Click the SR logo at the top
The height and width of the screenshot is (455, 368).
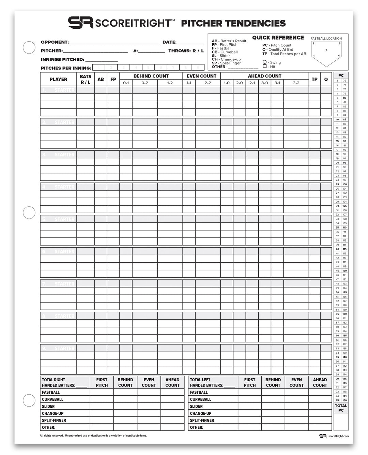(80, 23)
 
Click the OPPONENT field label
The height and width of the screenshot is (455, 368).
(55, 42)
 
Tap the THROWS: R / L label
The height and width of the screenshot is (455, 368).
(186, 51)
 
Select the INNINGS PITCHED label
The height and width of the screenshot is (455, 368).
(62, 59)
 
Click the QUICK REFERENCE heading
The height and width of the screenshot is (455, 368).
(278, 38)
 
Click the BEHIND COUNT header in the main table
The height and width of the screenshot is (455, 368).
(151, 76)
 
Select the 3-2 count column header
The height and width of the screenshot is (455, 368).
(296, 83)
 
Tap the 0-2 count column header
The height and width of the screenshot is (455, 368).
(145, 83)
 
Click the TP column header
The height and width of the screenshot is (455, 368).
(315, 79)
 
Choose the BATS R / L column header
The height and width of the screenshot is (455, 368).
(85, 79)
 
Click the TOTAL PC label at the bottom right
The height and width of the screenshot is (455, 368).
(341, 408)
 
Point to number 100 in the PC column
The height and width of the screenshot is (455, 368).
(344, 184)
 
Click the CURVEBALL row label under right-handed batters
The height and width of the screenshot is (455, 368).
(52, 399)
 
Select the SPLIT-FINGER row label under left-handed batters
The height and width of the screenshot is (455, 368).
(202, 420)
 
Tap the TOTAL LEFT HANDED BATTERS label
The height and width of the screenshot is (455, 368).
(206, 382)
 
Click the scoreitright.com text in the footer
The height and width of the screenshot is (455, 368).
(338, 436)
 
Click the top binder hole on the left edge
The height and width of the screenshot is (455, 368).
(29, 47)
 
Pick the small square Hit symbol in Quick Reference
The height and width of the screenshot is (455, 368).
(265, 67)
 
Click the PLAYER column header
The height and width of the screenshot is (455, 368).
(58, 79)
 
